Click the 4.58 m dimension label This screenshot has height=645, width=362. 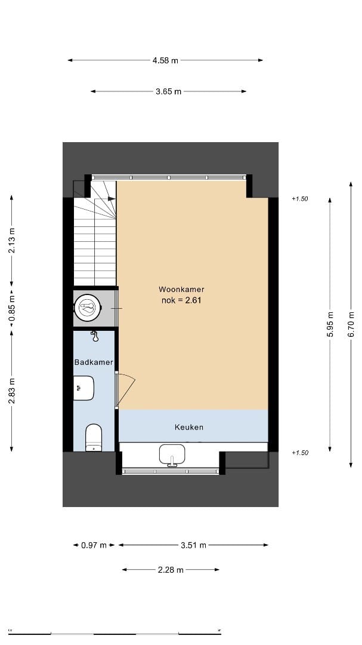(165, 60)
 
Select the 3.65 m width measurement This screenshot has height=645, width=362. (168, 91)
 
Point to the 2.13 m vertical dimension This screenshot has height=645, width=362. (12, 241)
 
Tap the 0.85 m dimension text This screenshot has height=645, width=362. (12, 309)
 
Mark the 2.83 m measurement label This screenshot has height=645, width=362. (12, 391)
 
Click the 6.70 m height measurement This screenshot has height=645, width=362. (351, 325)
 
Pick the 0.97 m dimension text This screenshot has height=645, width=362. (94, 545)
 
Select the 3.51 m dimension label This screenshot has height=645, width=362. (193, 545)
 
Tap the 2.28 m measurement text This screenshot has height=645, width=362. (171, 570)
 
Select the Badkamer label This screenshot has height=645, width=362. (94, 363)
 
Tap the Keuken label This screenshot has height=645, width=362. (189, 427)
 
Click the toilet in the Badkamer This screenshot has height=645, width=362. (94, 437)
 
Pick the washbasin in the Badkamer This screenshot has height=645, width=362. (83, 388)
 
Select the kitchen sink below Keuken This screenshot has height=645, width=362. (173, 455)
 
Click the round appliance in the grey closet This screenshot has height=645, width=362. (88, 308)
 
